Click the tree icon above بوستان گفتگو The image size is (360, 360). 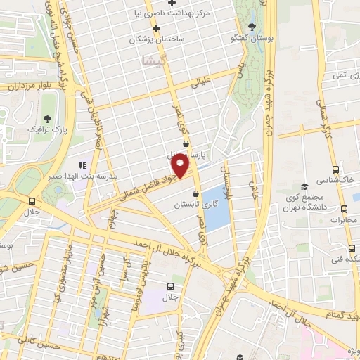(x=252, y=26)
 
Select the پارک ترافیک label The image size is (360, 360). (x=43, y=130)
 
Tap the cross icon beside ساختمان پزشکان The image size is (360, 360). (x=157, y=28)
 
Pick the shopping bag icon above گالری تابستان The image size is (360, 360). (x=195, y=195)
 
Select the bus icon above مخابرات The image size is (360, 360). (x=345, y=209)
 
